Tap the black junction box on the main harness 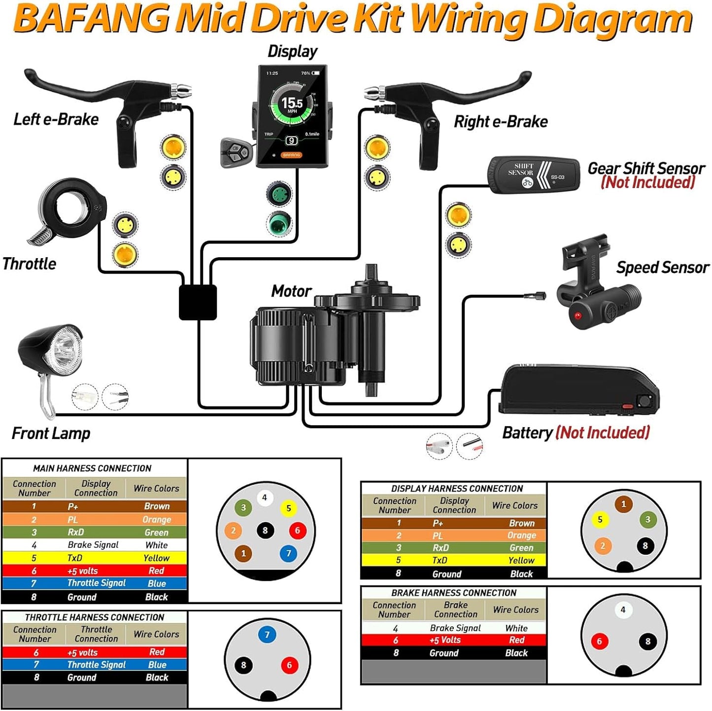[198, 302]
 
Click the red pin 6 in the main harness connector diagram [297, 531]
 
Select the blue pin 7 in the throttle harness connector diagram [267, 635]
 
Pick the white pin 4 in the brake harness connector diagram [623, 610]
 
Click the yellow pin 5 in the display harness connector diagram [600, 519]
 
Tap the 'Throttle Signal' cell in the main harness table [96, 583]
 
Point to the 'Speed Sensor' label [662, 268]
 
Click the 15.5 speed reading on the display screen [292, 103]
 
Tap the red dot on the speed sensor [577, 315]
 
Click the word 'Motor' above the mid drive [291, 291]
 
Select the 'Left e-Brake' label [56, 119]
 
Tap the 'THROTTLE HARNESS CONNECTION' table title [94, 617]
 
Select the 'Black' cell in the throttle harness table [157, 677]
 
